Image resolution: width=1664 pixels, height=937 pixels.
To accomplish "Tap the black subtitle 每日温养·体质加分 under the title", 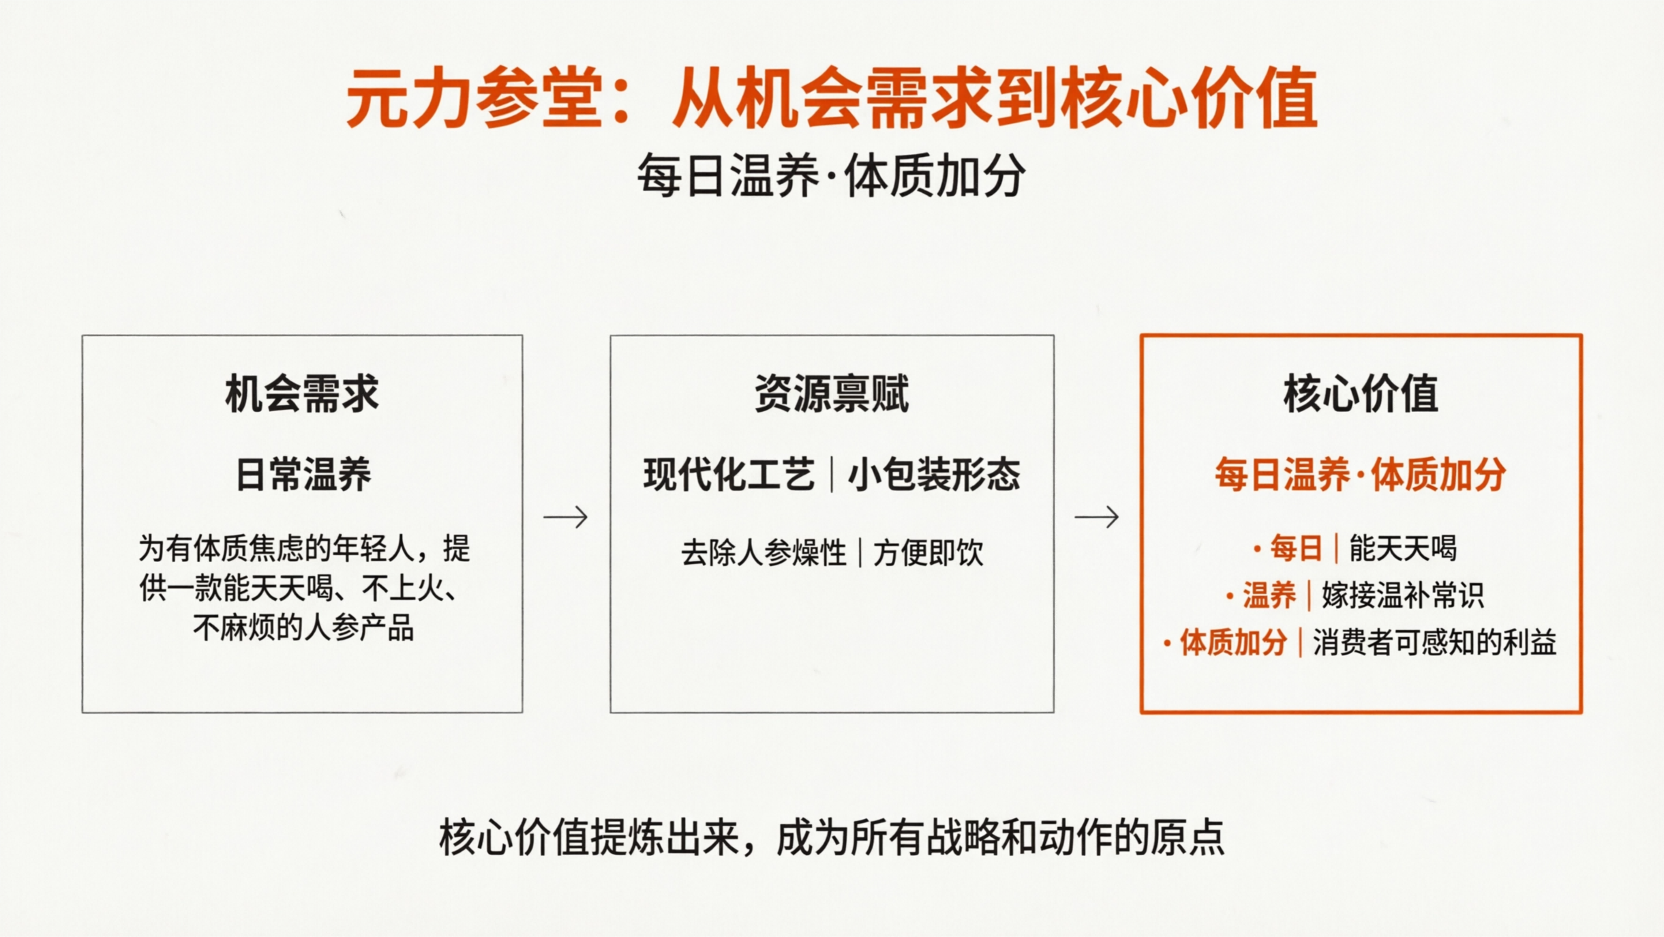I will click(x=831, y=176).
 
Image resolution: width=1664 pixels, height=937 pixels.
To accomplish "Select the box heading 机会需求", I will click(x=302, y=394).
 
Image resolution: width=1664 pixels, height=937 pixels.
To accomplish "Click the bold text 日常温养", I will click(x=303, y=475).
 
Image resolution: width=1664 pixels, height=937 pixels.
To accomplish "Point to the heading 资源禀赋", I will click(x=831, y=394).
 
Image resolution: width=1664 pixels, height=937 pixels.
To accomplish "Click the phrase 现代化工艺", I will click(x=729, y=475).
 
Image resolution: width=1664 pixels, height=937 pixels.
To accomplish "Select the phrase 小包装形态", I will click(x=934, y=475).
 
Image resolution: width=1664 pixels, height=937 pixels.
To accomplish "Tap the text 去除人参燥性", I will click(x=763, y=552).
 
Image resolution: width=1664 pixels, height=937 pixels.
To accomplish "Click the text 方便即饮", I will click(x=928, y=552).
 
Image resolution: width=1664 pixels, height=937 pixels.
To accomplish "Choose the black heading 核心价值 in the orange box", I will click(x=1361, y=394).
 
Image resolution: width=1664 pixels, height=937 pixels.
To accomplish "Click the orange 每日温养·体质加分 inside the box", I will click(x=1360, y=475).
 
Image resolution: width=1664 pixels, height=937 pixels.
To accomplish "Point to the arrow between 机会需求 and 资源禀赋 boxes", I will click(x=565, y=517).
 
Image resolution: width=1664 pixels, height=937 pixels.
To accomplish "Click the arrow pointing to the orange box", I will click(x=1096, y=517).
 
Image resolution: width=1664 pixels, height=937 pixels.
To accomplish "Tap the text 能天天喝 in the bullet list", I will click(x=1403, y=548).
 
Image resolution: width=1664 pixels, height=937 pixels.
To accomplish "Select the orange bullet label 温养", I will click(x=1269, y=595).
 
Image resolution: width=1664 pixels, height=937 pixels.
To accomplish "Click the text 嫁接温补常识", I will click(x=1403, y=595).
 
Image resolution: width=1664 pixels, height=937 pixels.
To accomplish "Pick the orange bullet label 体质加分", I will click(x=1233, y=642).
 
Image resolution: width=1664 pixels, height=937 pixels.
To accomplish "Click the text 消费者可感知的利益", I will click(x=1434, y=642).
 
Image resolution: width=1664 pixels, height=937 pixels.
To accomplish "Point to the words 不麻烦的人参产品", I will click(x=303, y=627).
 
